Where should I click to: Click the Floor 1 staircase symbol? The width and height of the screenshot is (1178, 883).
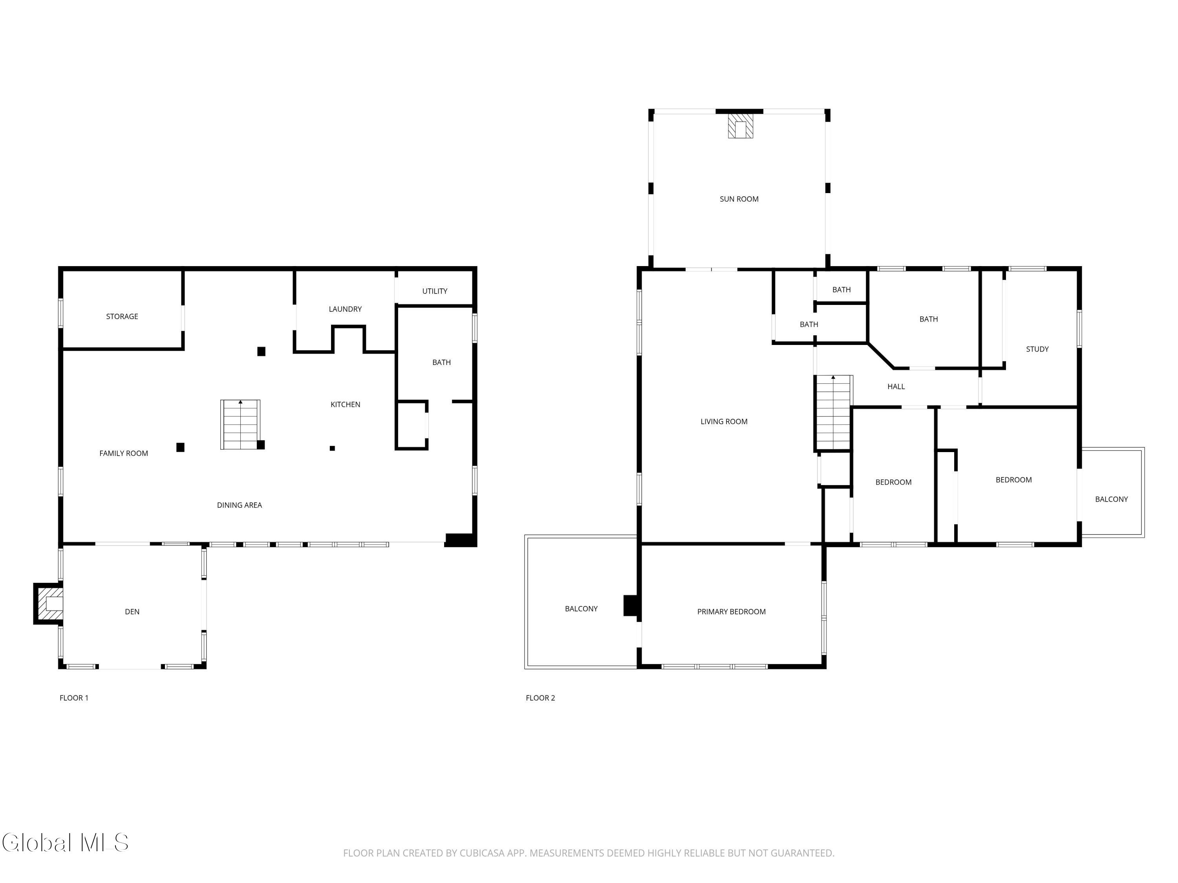240,424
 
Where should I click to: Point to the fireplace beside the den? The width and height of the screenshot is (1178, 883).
48,604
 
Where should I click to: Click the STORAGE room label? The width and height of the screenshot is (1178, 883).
122,316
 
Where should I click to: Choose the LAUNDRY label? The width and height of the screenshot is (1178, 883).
345,309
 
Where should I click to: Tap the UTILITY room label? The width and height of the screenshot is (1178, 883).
435,291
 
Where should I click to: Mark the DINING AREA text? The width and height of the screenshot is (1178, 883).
239,505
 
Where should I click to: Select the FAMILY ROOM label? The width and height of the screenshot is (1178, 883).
124,453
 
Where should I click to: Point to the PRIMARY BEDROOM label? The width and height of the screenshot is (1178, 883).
731,611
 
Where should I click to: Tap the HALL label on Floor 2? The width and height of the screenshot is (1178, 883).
896,387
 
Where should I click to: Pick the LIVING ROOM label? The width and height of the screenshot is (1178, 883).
724,421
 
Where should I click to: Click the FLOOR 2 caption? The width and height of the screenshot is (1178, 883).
540,698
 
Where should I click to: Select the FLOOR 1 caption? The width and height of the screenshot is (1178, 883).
74,698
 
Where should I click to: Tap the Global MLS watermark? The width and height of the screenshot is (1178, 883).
65,843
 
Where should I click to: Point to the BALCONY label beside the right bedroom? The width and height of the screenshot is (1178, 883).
1111,499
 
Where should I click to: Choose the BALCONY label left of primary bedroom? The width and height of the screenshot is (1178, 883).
581,608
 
